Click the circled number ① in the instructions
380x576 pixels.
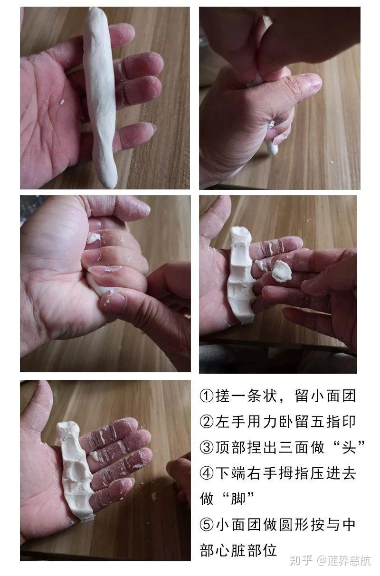coord(206,396)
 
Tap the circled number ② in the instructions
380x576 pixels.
coord(206,421)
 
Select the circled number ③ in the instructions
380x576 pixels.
coord(206,447)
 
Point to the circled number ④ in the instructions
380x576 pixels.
coord(206,473)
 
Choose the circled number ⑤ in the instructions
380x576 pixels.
coord(206,525)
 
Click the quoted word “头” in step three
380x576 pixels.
coord(349,447)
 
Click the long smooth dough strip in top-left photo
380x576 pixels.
coord(100,95)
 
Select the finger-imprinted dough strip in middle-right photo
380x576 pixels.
coord(241,275)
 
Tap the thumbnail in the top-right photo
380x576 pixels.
coord(312,82)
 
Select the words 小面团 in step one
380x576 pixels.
coord(336,396)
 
